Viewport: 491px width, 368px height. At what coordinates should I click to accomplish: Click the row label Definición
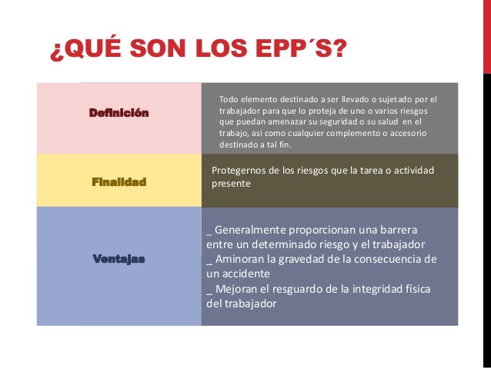coord(119,113)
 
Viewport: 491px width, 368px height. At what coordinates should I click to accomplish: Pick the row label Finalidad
coord(119,183)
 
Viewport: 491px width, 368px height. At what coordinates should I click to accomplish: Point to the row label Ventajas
coord(119,259)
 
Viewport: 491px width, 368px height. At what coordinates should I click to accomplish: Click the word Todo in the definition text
coord(230,99)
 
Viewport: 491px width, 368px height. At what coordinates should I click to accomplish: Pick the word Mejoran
coord(239,288)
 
